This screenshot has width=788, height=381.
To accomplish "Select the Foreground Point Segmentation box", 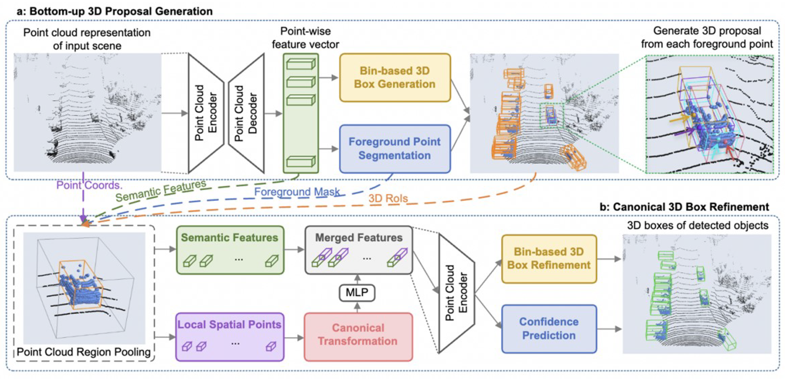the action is pos(395,149).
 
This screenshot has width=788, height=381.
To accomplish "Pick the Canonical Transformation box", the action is pos(358,337).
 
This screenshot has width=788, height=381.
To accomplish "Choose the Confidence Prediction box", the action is pos(549,329).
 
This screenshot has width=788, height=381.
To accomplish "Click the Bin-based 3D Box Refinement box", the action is pos(549,259).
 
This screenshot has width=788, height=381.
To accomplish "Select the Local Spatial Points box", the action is pos(230,337).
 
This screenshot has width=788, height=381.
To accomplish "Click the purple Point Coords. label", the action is pos(89,185).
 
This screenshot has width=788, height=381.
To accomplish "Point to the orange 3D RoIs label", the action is pos(388,198).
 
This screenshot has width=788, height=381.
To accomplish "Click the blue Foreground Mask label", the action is pos(297,192).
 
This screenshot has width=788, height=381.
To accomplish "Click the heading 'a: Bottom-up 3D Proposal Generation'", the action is pos(115,11).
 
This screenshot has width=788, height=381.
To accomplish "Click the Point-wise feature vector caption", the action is pos(305,38).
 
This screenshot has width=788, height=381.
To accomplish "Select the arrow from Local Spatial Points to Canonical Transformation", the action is pos(294,337).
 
